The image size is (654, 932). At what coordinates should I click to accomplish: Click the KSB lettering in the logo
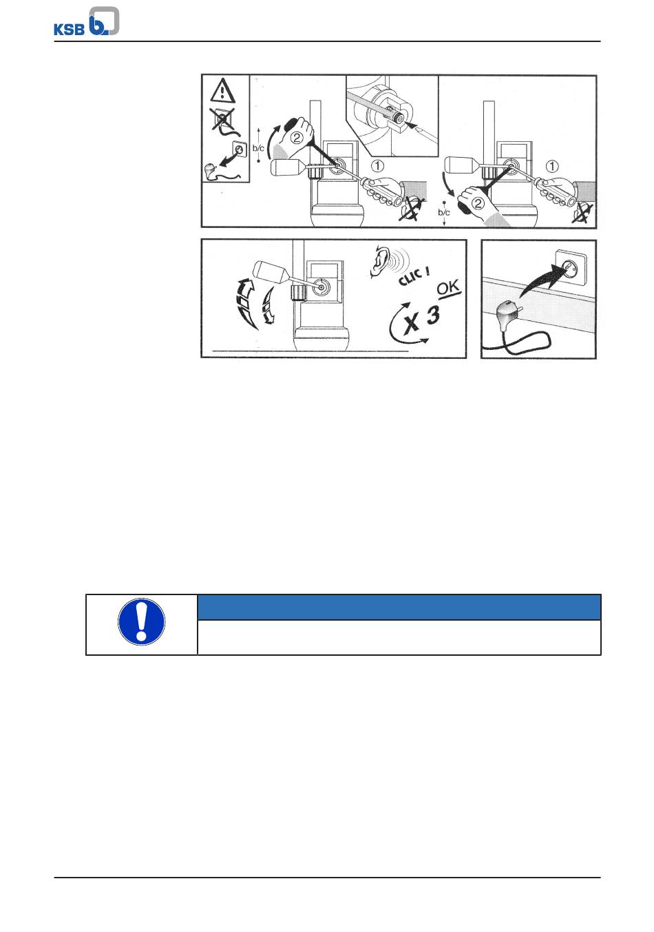coord(69,30)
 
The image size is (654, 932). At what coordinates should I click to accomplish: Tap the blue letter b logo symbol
coord(104,21)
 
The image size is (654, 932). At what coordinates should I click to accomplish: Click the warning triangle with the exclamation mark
coord(223,90)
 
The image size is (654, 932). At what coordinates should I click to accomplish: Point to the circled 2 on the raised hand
coord(297,138)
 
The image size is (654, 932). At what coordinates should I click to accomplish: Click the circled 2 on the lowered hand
coord(478,203)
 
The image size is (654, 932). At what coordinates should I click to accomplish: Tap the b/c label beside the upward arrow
coord(258,148)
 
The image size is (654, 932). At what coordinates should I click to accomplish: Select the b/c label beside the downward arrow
coord(443,213)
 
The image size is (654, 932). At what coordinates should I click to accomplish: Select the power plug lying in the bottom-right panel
coord(507,310)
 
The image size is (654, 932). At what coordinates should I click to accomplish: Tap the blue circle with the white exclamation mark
coord(141,622)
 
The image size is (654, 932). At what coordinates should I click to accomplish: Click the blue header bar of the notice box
coord(399,607)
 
